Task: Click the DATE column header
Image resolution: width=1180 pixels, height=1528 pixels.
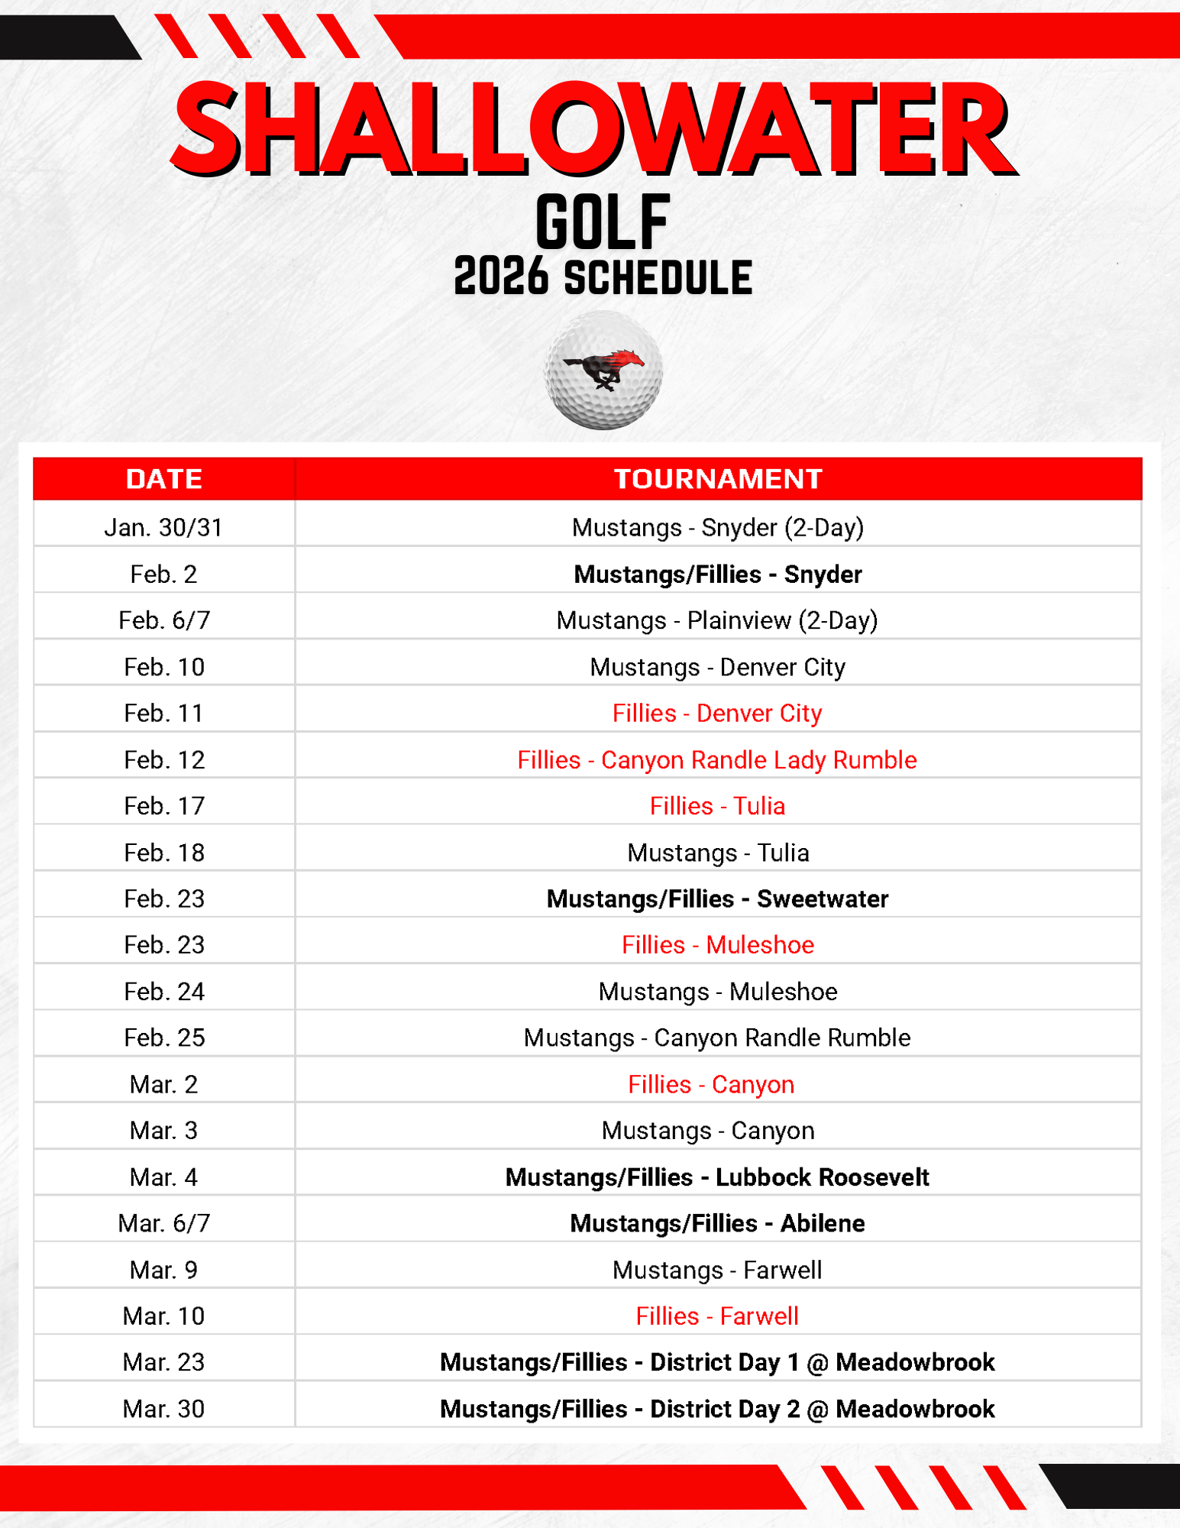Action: point(163,479)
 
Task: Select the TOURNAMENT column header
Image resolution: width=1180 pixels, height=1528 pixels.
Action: point(717,479)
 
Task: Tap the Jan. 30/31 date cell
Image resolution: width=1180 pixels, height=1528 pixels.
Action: point(163,528)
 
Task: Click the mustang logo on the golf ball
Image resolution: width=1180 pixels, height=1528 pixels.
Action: point(603,369)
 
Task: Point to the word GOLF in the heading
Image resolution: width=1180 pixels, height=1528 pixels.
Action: point(603,222)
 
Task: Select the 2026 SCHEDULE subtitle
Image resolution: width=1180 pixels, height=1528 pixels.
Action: point(603,277)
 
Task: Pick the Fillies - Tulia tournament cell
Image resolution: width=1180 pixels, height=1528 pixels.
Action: point(717,806)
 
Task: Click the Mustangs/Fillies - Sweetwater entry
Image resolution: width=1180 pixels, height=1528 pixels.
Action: point(717,898)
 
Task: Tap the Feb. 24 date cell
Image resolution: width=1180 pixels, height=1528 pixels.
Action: point(163,992)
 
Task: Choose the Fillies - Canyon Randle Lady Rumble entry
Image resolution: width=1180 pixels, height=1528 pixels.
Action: point(717,760)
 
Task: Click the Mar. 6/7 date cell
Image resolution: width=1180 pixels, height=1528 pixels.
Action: point(163,1223)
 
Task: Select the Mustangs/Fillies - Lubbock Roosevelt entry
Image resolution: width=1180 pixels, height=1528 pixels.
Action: point(717,1177)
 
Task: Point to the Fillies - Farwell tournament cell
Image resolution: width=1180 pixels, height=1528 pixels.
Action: point(717,1316)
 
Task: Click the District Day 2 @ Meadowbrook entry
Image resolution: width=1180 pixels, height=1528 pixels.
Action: point(717,1409)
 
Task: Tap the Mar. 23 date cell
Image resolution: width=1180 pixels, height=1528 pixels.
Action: point(163,1362)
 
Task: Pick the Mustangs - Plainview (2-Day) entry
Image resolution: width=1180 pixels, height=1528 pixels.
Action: point(717,620)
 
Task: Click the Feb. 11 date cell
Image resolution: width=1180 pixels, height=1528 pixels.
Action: point(163,714)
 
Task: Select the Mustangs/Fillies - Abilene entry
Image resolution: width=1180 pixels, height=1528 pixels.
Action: point(717,1223)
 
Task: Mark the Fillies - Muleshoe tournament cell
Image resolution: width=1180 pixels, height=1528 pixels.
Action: point(717,945)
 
